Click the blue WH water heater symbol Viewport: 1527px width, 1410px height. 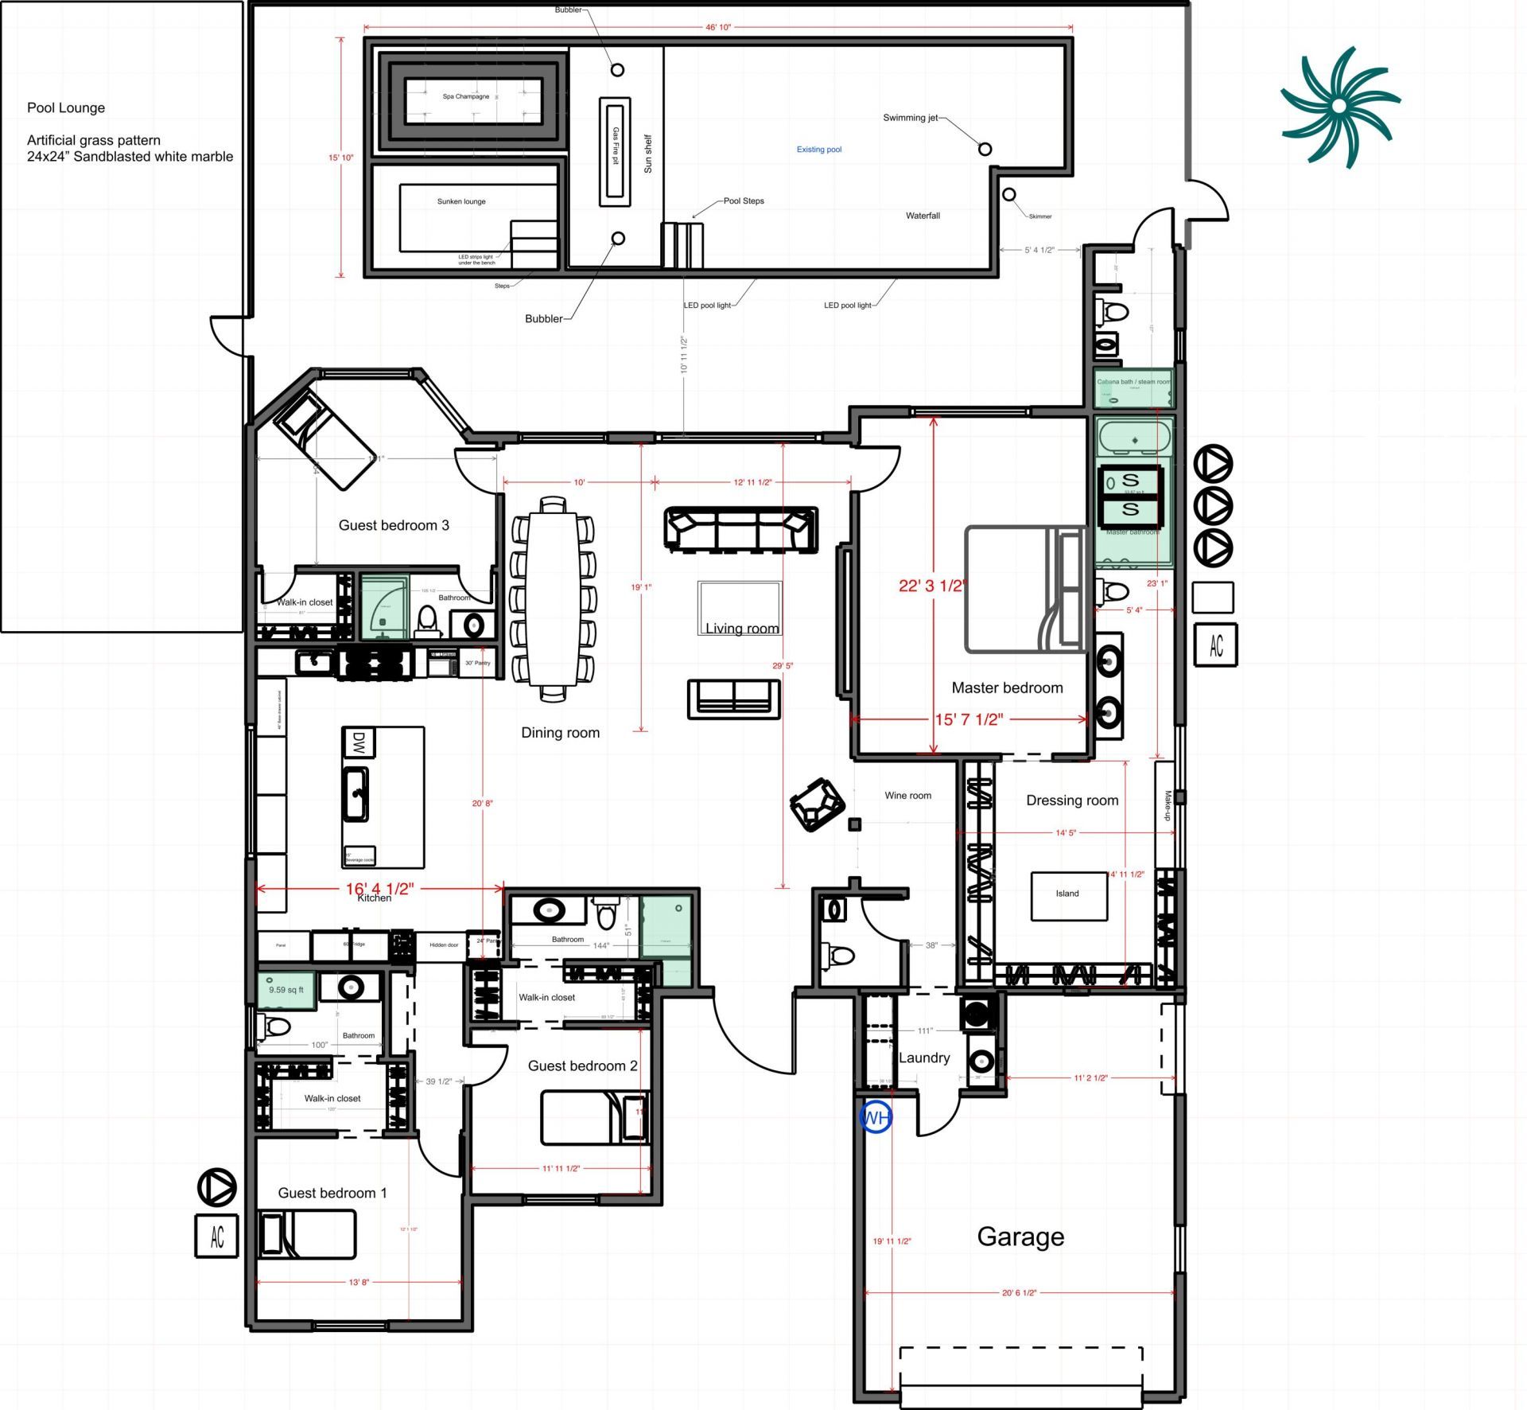point(875,1118)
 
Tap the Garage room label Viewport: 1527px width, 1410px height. point(1020,1237)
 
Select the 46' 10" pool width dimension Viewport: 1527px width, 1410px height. point(717,27)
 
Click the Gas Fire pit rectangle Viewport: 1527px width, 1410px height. point(615,151)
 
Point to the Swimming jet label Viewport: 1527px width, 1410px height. point(910,118)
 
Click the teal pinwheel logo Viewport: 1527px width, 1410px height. point(1339,106)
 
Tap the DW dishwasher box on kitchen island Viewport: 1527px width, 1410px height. point(358,743)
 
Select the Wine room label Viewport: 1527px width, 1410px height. point(907,795)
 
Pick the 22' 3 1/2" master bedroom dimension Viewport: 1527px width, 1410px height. point(932,586)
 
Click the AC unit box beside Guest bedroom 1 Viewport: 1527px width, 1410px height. point(216,1236)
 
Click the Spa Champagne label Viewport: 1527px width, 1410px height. point(466,96)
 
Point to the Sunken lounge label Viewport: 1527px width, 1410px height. point(460,201)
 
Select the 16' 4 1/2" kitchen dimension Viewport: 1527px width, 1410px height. point(379,888)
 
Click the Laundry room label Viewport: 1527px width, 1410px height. point(923,1057)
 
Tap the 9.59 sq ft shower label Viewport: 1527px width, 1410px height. point(286,990)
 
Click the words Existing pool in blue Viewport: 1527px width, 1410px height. point(818,150)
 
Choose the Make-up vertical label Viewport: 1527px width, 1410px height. point(1167,805)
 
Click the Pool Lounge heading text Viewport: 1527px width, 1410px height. point(66,108)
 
